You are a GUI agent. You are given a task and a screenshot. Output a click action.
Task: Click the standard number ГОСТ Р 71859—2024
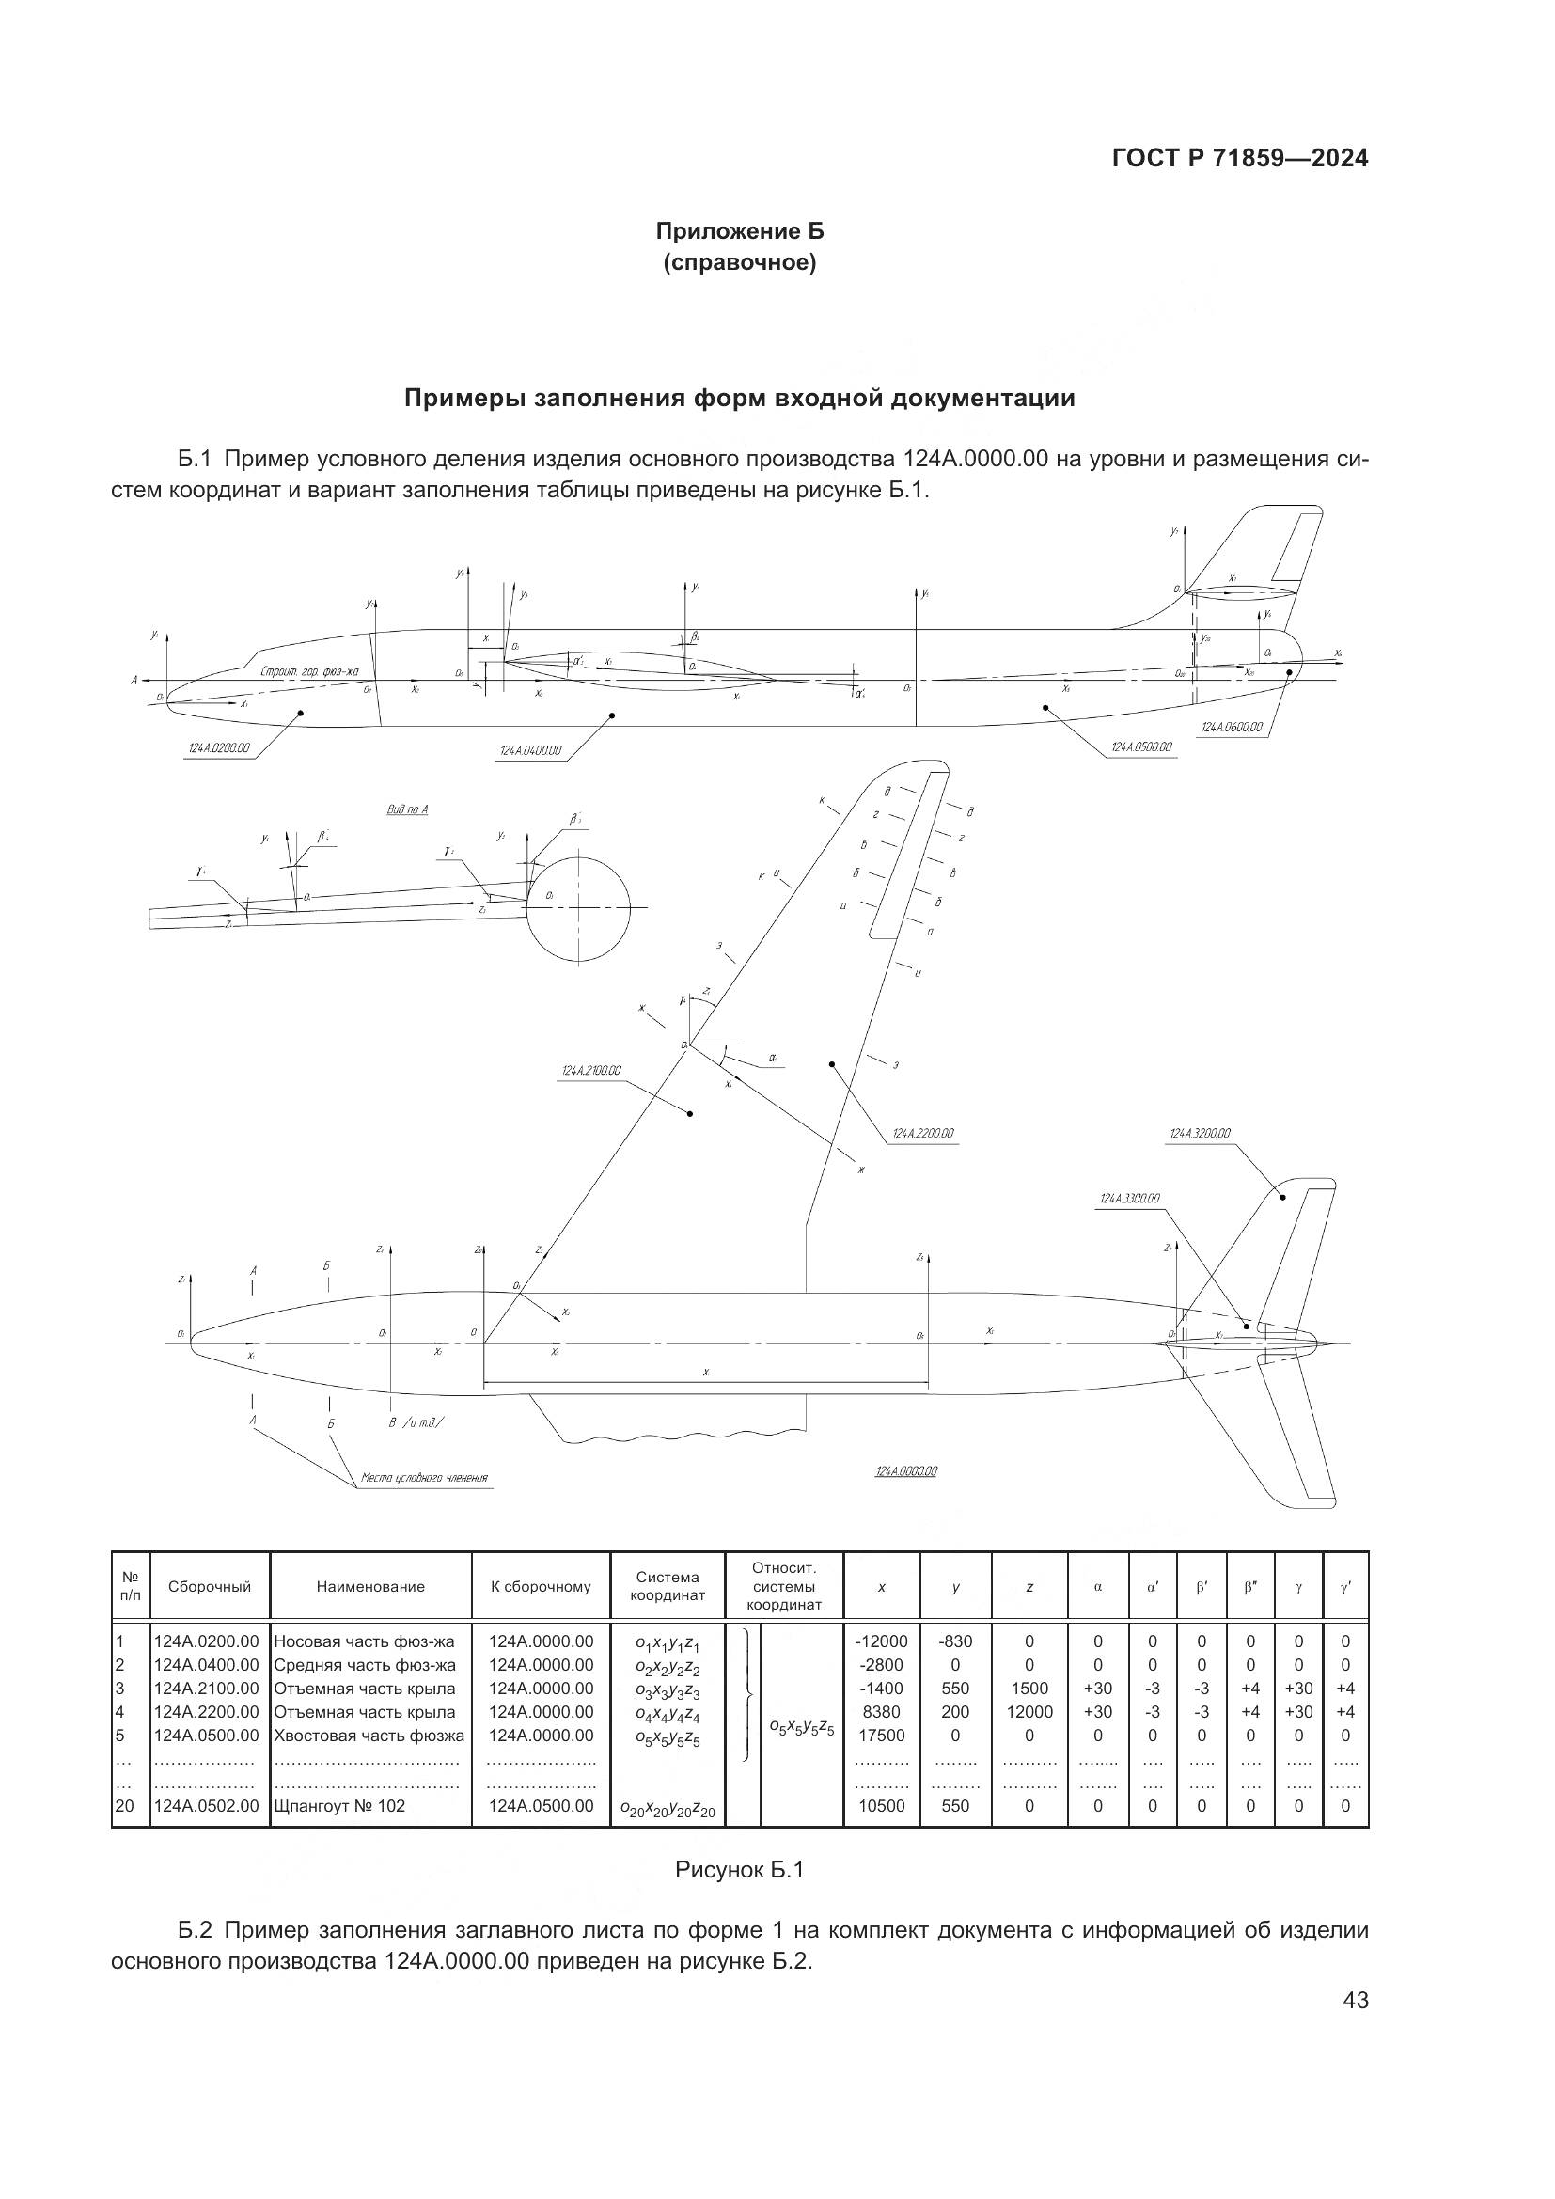pyautogui.click(x=1240, y=159)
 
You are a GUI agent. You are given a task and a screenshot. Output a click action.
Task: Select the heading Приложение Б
pyautogui.click(x=739, y=232)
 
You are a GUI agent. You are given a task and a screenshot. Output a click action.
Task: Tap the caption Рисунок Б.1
pyautogui.click(x=739, y=1870)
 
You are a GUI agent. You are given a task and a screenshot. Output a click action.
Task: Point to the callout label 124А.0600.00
pyautogui.click(x=1232, y=728)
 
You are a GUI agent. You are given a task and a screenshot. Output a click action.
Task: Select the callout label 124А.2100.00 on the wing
pyautogui.click(x=591, y=1071)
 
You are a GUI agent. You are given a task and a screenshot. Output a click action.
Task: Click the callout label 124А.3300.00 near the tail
pyautogui.click(x=1130, y=1198)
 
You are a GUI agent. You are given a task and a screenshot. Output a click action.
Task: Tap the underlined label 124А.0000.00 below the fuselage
pyautogui.click(x=905, y=1471)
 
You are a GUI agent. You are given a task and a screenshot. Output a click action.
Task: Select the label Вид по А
pyautogui.click(x=407, y=810)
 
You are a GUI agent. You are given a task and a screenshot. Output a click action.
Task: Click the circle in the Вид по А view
pyautogui.click(x=578, y=907)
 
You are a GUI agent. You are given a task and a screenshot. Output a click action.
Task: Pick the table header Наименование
pyautogui.click(x=370, y=1587)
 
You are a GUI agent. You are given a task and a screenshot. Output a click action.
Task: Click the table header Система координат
pyautogui.click(x=668, y=1586)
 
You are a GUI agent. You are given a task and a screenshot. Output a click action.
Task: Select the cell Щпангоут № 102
pyautogui.click(x=340, y=1806)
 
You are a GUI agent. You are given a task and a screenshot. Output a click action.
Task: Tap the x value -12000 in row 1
pyautogui.click(x=881, y=1641)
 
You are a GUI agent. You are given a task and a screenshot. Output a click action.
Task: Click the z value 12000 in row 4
pyautogui.click(x=1029, y=1711)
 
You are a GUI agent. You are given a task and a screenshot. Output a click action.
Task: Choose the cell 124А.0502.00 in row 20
pyautogui.click(x=207, y=1806)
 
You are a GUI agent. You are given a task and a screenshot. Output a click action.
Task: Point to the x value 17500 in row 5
pyautogui.click(x=881, y=1736)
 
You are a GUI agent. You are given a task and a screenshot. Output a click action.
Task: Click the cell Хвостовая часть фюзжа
pyautogui.click(x=369, y=1736)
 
